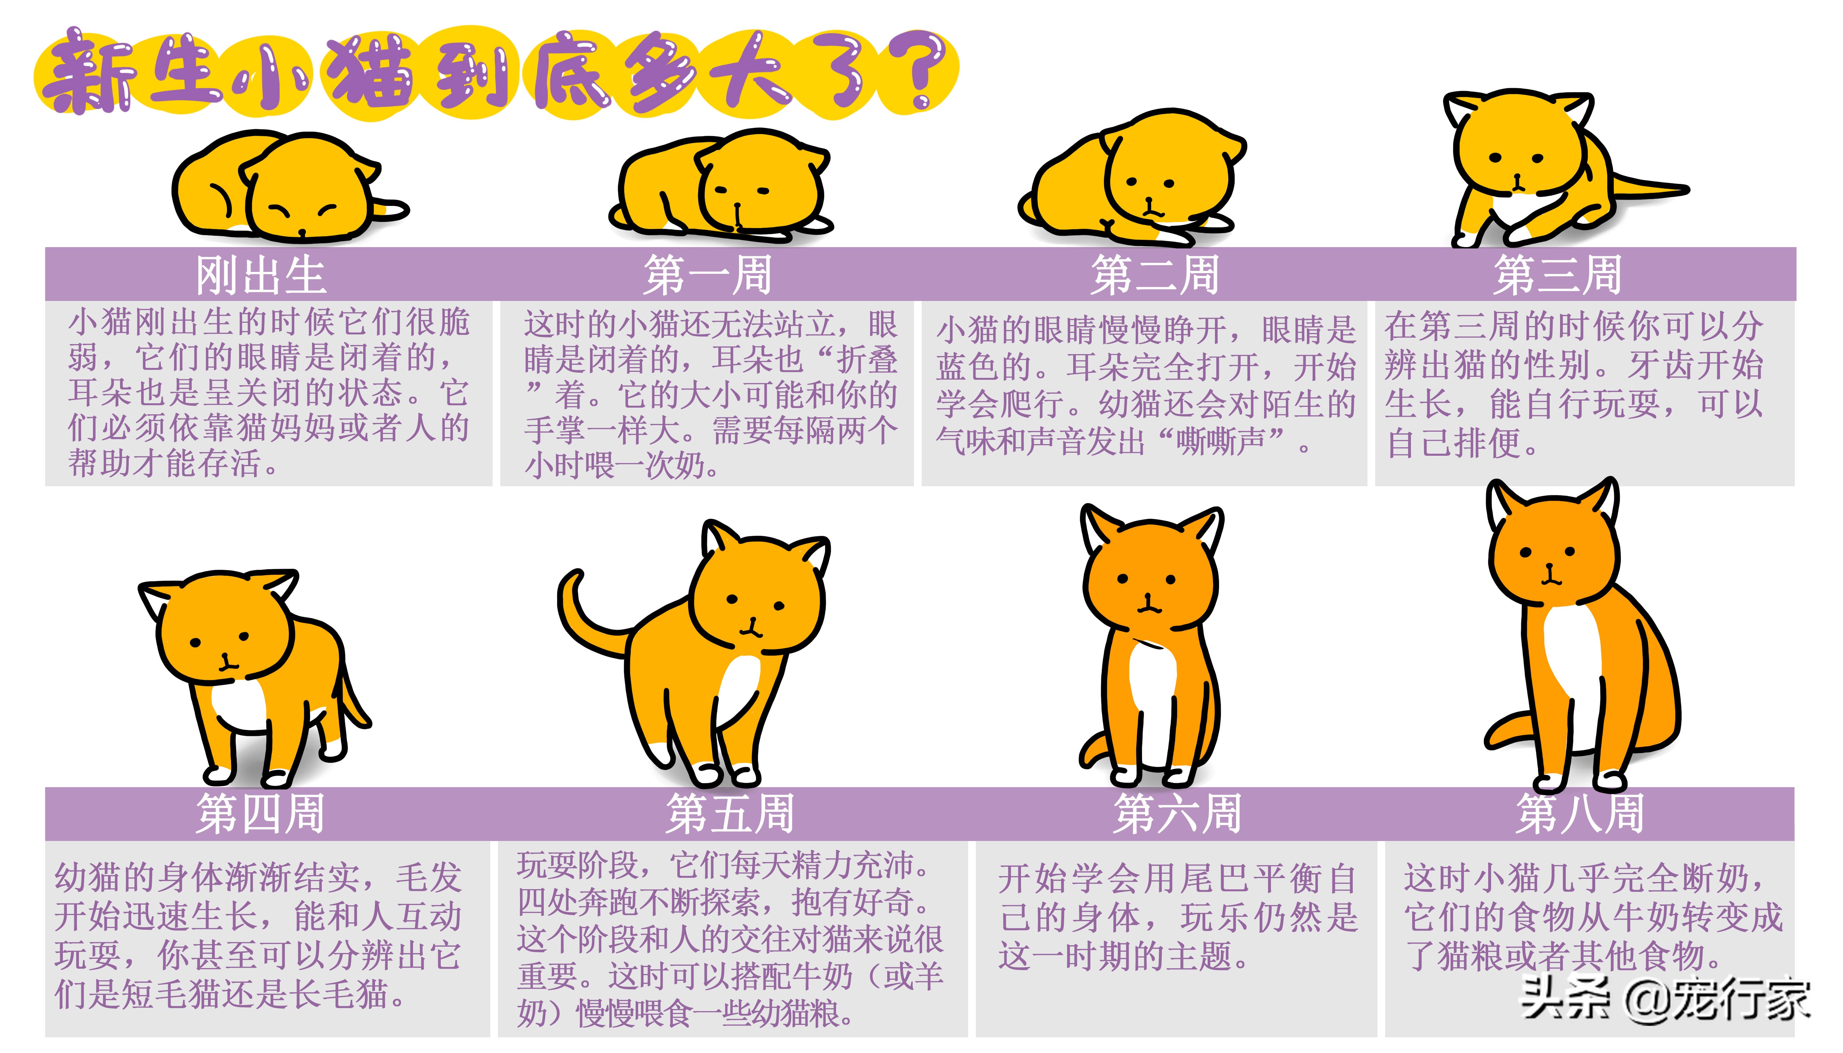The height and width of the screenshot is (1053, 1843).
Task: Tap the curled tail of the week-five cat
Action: click(579, 615)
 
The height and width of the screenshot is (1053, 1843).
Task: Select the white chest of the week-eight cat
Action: click(1569, 651)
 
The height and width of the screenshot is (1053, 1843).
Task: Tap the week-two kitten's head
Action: click(1164, 174)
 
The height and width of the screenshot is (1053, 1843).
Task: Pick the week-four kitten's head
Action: click(224, 629)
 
